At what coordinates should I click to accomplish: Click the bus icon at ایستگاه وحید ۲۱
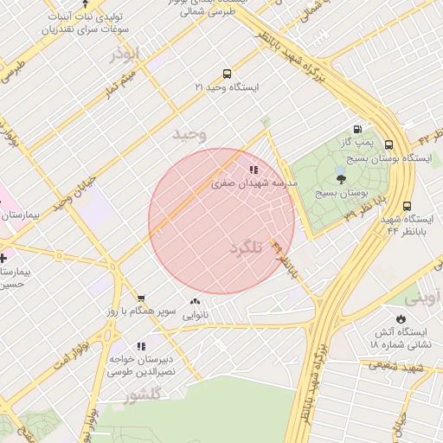tap(227, 74)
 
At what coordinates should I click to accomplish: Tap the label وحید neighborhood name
tap(189, 134)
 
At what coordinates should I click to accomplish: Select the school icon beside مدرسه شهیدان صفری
tap(254, 170)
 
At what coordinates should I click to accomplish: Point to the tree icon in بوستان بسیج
tap(341, 179)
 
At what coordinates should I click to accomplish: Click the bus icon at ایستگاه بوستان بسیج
tap(388, 145)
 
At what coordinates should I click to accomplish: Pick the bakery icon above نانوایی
tap(195, 303)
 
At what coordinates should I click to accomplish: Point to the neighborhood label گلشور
tap(144, 397)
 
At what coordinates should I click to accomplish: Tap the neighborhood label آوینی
tap(421, 298)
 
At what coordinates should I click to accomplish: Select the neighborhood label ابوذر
tap(124, 54)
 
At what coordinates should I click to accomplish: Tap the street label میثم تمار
tap(117, 86)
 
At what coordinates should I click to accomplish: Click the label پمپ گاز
tap(356, 141)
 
